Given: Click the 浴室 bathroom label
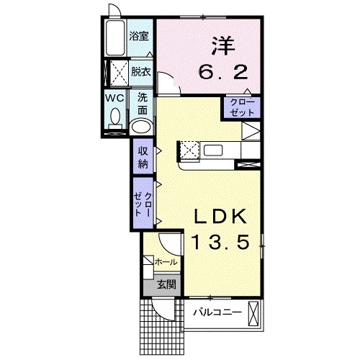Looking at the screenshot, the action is [x=139, y=36].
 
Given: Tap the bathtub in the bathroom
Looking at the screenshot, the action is [x=115, y=38].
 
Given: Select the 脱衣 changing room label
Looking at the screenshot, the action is [x=141, y=71].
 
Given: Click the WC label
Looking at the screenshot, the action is [x=115, y=98].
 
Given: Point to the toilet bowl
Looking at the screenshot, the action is [x=115, y=117].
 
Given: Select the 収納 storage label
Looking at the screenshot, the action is [x=143, y=158].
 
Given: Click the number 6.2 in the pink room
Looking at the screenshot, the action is [x=223, y=72].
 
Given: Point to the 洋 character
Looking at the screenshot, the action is [x=223, y=46].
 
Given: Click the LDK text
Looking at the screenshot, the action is [x=220, y=217].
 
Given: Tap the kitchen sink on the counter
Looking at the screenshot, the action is [x=213, y=150].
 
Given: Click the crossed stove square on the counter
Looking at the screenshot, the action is [x=189, y=150].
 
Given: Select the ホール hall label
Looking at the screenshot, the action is [x=166, y=262].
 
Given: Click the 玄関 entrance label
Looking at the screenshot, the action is [x=166, y=284].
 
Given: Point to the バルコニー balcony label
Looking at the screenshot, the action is [x=217, y=312].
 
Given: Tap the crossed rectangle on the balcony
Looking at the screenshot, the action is [x=253, y=313].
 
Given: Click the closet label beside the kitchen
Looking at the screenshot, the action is [x=242, y=108].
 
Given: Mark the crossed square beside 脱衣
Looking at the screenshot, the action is [x=119, y=73].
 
